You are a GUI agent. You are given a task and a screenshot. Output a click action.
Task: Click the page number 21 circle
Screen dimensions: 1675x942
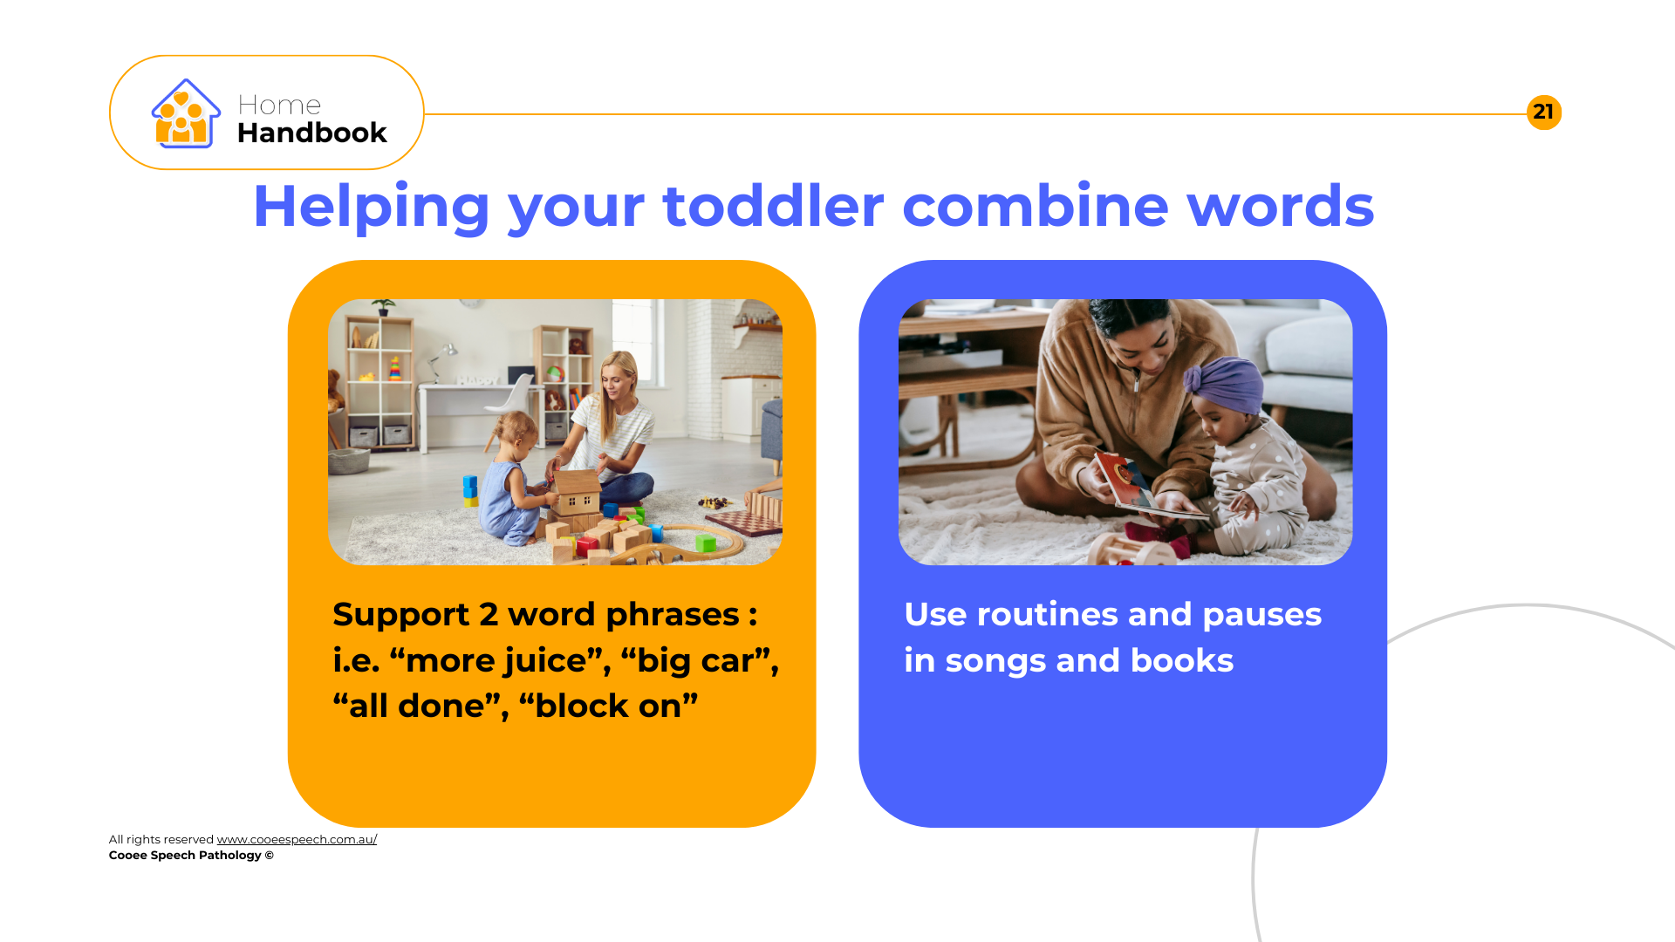pos(1543,113)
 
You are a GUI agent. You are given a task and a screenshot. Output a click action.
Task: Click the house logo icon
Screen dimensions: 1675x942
pos(185,113)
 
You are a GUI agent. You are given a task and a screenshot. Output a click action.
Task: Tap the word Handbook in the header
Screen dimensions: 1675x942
pos(311,133)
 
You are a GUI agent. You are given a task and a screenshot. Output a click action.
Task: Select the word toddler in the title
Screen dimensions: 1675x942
pos(773,207)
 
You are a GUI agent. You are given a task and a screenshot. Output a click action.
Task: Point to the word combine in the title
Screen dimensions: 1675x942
pos(1035,207)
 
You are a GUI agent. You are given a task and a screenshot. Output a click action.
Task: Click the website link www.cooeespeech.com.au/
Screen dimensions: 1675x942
pos(297,839)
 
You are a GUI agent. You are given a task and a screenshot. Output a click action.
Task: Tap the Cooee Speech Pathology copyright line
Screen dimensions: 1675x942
pos(191,855)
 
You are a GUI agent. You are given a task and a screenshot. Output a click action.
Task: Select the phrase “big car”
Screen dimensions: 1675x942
pos(699,661)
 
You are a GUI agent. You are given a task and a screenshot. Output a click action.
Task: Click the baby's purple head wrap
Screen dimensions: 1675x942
pos(1226,383)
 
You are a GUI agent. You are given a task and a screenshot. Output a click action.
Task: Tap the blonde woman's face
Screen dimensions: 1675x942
pos(621,380)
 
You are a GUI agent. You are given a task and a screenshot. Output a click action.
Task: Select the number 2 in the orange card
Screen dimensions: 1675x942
pos(489,615)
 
